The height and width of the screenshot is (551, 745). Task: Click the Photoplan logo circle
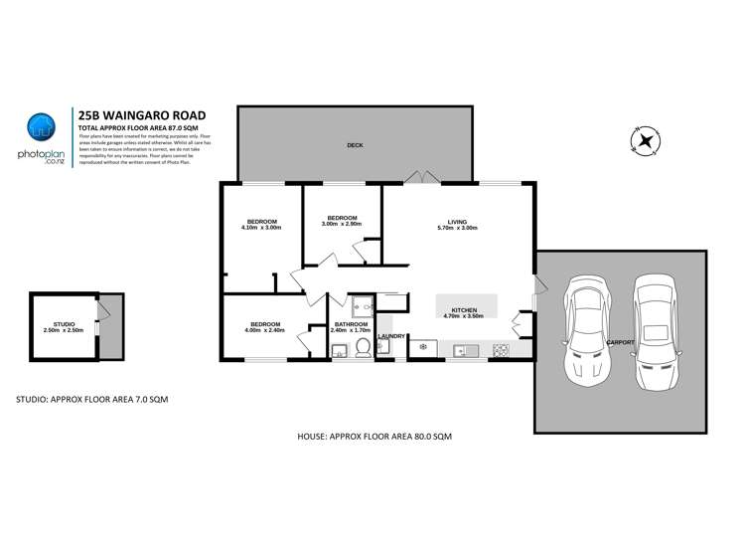(x=41, y=127)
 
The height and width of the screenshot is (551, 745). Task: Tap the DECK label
(x=354, y=145)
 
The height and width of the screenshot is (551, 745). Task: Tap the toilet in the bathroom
(x=363, y=347)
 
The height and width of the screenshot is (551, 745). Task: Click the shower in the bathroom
(x=360, y=304)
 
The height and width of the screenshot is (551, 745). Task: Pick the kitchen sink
(x=464, y=349)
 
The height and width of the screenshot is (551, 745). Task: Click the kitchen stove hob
(x=501, y=349)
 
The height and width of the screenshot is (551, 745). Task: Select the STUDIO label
(x=64, y=324)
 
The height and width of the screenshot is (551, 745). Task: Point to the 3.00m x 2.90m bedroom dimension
(x=341, y=224)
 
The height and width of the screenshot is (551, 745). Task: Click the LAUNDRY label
(x=391, y=336)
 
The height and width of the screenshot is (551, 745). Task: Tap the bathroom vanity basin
(x=338, y=348)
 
